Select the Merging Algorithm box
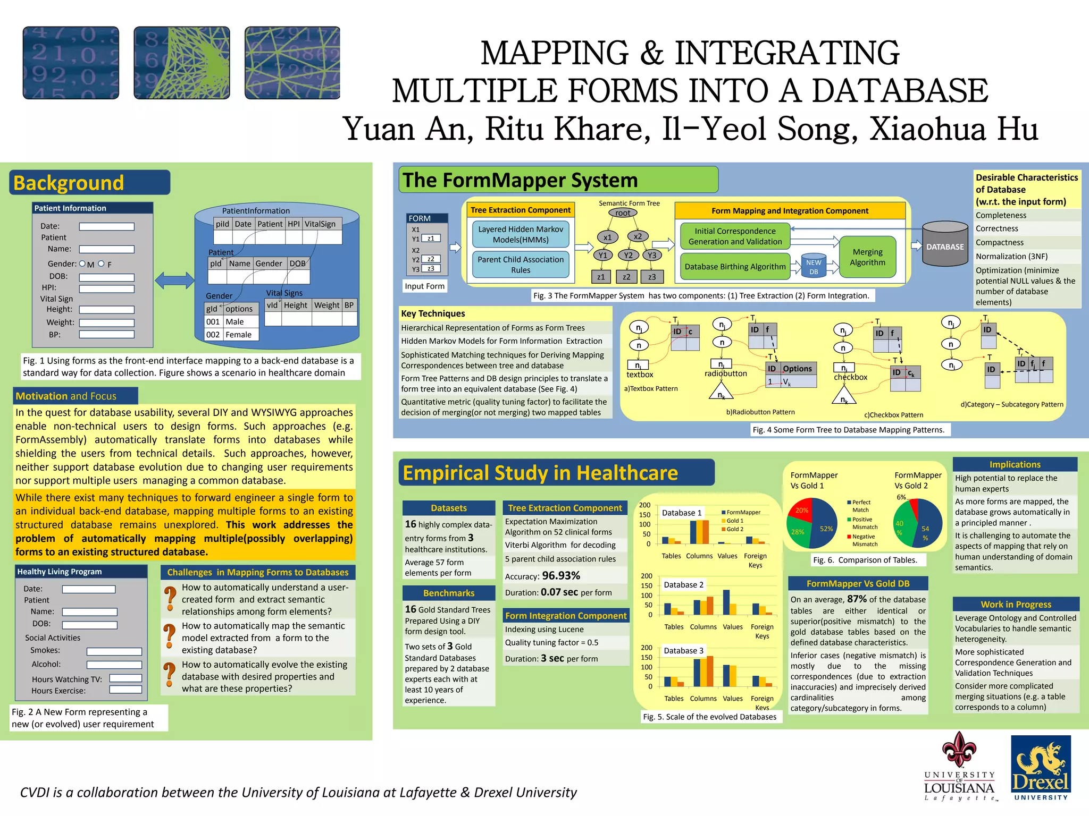click(867, 258)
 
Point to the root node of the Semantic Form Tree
click(623, 213)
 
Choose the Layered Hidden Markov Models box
click(521, 234)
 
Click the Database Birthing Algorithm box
click(735, 267)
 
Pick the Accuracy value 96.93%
click(561, 576)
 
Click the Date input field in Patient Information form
click(107, 227)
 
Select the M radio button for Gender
click(82, 263)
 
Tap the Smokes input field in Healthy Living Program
click(114, 651)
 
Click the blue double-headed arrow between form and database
click(174, 280)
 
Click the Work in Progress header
click(1016, 605)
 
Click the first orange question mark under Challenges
click(170, 598)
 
